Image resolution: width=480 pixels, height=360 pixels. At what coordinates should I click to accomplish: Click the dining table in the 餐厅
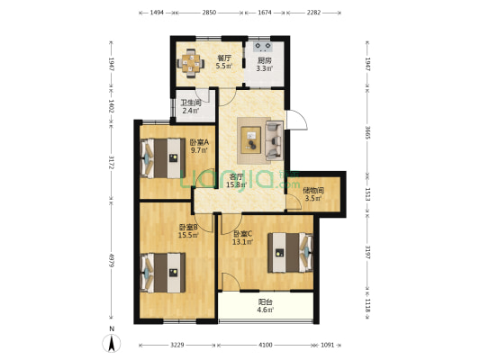pyautogui.click(x=191, y=62)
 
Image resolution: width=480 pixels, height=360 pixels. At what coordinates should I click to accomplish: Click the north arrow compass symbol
pyautogui.click(x=112, y=341)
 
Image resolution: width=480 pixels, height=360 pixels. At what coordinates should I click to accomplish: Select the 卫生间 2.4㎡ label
pyautogui.click(x=190, y=108)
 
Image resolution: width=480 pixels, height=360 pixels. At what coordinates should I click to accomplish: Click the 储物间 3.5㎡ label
pyautogui.click(x=312, y=194)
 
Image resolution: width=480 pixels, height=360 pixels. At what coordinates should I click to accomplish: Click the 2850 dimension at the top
pyautogui.click(x=209, y=13)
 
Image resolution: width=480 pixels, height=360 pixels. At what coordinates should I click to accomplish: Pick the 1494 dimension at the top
pyautogui.click(x=157, y=13)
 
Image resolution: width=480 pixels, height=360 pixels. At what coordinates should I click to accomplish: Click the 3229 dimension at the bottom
pyautogui.click(x=177, y=346)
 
